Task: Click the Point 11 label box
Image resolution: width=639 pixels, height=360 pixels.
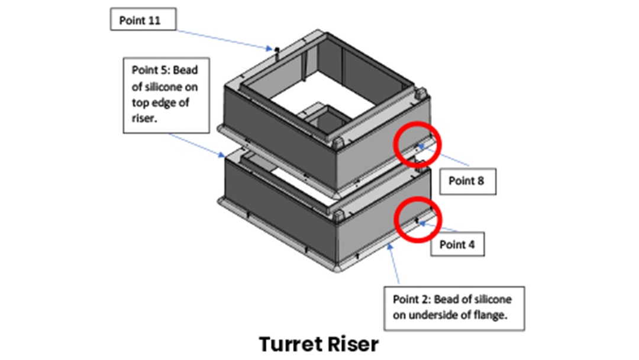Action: point(143,21)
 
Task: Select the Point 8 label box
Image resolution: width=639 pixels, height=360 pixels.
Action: point(466,181)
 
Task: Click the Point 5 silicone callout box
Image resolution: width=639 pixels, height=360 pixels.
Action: point(166,95)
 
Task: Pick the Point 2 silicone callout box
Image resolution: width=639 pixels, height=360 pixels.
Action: point(455,308)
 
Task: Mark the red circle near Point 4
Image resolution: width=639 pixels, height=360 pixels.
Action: point(419,219)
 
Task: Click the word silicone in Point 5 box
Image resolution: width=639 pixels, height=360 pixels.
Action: point(171,88)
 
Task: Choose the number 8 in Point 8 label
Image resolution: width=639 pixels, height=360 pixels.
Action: point(480,181)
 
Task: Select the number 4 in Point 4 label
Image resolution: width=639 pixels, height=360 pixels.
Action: point(471,243)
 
